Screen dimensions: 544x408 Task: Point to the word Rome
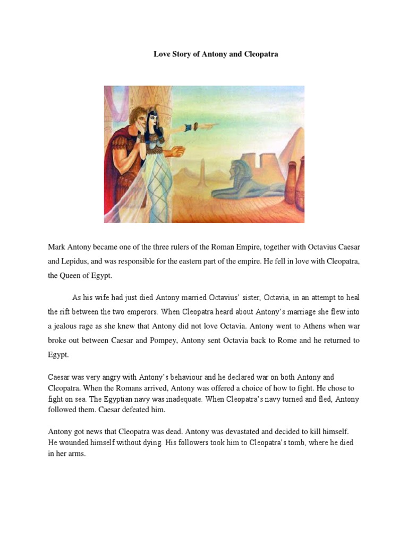(271, 340)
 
